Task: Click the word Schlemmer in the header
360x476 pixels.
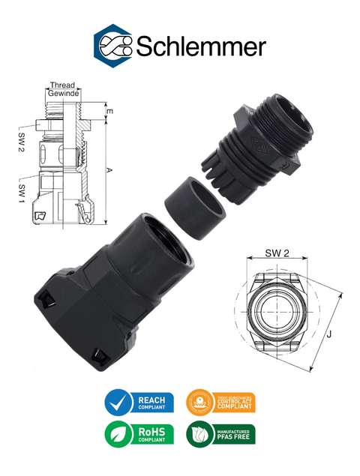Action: coord(200,46)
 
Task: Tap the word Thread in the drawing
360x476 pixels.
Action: coord(61,85)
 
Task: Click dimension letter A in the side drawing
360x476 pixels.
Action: coord(109,171)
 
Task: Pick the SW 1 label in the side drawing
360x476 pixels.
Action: coord(22,191)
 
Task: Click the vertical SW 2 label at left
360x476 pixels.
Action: coord(22,140)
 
